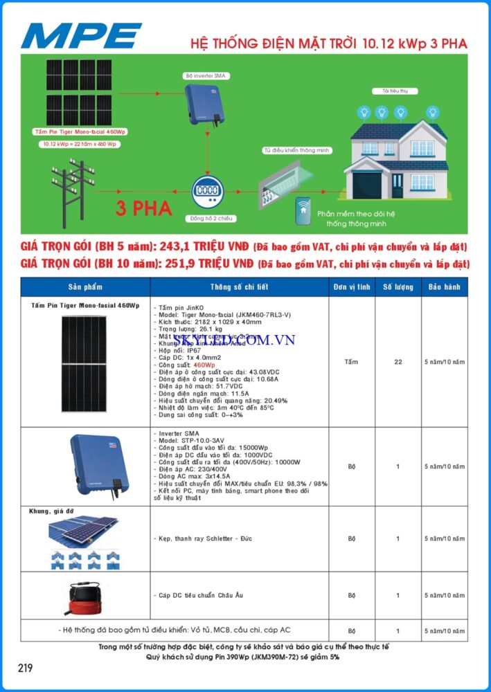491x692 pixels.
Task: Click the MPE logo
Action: (81, 35)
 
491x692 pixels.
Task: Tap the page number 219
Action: (25, 668)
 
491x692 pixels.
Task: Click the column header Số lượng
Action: (398, 286)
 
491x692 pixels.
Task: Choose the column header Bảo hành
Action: (444, 286)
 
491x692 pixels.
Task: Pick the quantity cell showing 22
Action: (398, 362)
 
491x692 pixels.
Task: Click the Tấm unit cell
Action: (351, 362)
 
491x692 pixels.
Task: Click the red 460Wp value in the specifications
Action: (204, 364)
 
